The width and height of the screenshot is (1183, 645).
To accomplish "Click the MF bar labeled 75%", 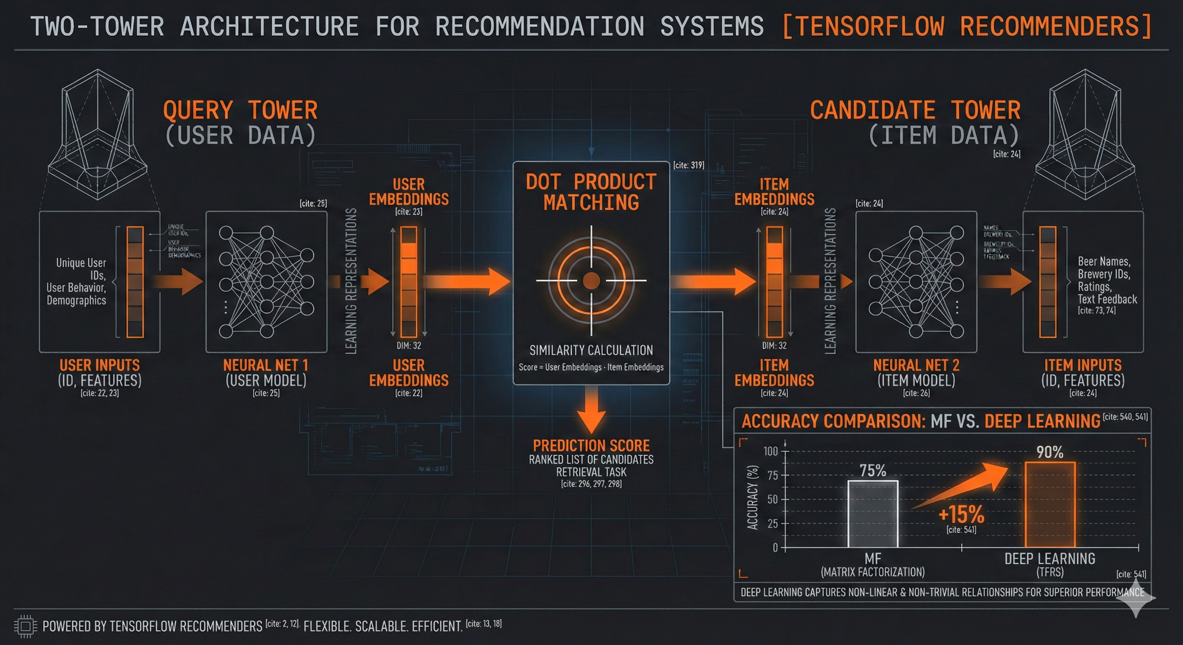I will pos(873,514).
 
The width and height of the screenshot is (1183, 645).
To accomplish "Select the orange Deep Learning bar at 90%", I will pos(1050,505).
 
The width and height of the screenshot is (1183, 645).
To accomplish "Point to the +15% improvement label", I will pos(961,514).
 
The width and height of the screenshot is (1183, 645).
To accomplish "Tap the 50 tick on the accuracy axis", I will pos(773,499).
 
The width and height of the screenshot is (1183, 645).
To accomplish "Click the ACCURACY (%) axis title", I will pos(752,498).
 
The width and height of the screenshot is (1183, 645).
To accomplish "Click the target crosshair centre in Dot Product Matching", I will pos(591,280).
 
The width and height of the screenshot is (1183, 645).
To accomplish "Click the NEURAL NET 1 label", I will pos(266,365).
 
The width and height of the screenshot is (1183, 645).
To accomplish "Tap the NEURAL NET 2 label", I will pos(916,365).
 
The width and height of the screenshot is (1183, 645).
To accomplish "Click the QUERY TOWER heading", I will pos(240,110).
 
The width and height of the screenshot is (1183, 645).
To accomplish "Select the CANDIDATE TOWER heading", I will pos(915,110).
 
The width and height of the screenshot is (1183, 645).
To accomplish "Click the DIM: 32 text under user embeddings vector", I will pos(409,346).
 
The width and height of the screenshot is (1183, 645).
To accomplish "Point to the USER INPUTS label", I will pos(100,365).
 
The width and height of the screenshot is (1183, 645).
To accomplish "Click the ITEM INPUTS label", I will pos(1083,365).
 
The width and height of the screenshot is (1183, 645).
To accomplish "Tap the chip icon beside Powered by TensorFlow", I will pos(25,626).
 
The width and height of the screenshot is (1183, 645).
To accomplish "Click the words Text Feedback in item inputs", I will pos(1107,299).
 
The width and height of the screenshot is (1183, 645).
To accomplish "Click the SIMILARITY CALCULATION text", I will pos(591,350).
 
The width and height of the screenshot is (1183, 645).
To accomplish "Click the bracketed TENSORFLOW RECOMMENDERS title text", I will pos(966,26).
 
